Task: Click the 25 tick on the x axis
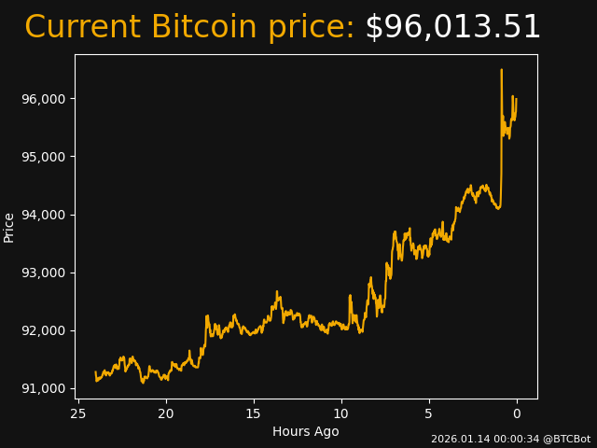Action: (78, 413)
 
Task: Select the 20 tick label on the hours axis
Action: (166, 413)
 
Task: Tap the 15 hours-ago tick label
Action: (254, 413)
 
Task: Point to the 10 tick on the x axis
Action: (341, 413)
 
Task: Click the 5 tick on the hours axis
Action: (429, 413)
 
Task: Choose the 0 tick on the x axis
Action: (517, 413)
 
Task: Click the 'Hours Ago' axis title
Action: (306, 431)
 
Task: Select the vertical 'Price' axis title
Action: (9, 227)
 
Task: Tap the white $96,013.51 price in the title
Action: (452, 28)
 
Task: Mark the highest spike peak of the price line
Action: (501, 70)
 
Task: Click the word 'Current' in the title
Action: (82, 28)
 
